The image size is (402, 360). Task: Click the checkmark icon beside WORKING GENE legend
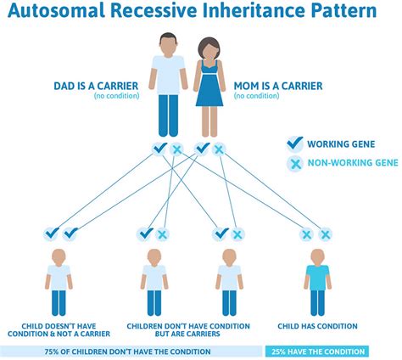pyautogui.click(x=295, y=143)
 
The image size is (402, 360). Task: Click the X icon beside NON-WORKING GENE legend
pyautogui.click(x=295, y=163)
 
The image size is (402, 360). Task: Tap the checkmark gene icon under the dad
pyautogui.click(x=159, y=149)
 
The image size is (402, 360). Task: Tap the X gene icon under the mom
pyautogui.click(x=218, y=149)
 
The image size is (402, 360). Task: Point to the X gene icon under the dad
pyautogui.click(x=176, y=149)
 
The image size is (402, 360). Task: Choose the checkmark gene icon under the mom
pyautogui.click(x=202, y=149)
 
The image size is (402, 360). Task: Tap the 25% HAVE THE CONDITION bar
pyautogui.click(x=317, y=351)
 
